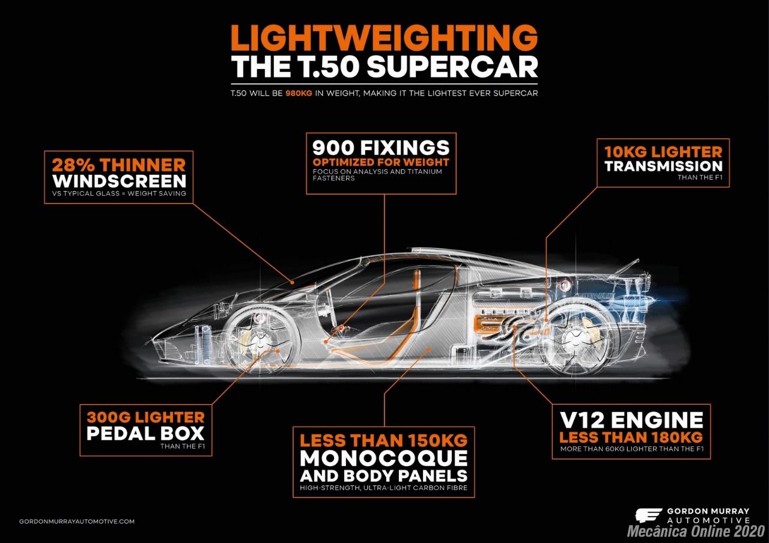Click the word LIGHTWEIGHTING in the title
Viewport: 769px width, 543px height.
(384, 38)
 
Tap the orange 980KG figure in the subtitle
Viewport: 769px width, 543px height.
(299, 93)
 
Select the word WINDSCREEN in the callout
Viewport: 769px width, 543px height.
(119, 181)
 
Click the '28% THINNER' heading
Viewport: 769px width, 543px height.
(119, 165)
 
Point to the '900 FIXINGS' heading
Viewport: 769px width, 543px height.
(381, 148)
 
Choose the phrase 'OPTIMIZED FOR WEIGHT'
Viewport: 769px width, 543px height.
(381, 162)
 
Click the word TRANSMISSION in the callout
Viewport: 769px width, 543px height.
(664, 166)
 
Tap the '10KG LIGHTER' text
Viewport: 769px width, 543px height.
(663, 152)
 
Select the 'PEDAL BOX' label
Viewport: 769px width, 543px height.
(145, 433)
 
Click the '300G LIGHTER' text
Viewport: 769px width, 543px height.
(145, 417)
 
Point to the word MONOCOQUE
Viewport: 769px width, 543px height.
(384, 458)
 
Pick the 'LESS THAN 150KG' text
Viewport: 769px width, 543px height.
(384, 440)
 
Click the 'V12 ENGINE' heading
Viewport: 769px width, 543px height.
(631, 419)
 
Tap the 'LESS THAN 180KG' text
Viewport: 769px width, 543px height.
(631, 437)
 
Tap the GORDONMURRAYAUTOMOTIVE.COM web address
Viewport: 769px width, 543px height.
(76, 521)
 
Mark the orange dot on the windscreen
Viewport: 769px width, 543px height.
(292, 282)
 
